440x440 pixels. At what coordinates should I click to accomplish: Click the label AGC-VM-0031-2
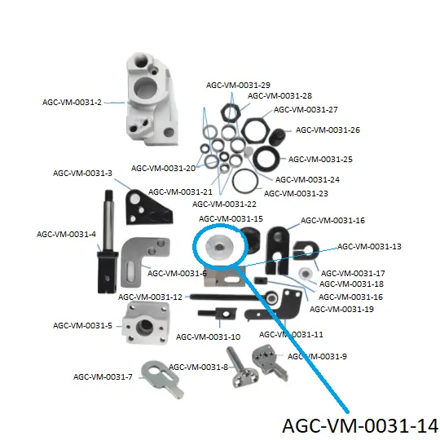pos(72,102)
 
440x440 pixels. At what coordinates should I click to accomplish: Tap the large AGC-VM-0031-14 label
pos(360,425)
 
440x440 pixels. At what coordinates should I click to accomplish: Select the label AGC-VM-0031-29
pos(238,85)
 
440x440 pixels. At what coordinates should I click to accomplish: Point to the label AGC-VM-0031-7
pos(103,376)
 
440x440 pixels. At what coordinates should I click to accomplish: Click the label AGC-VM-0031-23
pos(296,193)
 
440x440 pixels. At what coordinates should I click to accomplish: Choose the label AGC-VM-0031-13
pos(369,246)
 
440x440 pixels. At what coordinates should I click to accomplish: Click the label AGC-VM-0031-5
pos(82,325)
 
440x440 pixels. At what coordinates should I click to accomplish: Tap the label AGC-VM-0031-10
pos(208,337)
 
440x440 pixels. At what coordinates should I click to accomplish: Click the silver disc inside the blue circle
pos(219,247)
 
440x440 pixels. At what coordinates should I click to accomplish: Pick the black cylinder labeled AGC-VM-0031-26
pos(277,137)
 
